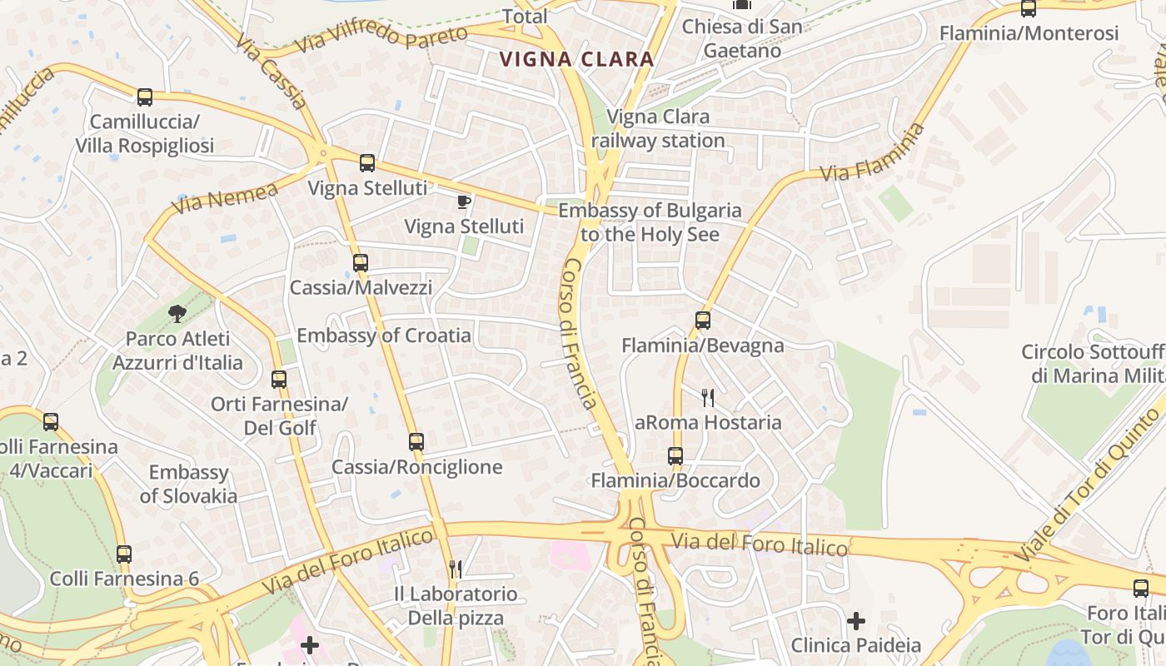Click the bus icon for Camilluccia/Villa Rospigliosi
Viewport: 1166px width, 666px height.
coord(145,97)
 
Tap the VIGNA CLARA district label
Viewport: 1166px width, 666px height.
coord(576,59)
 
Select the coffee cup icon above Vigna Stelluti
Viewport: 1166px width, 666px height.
coord(464,201)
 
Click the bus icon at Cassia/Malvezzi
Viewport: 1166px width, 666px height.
coord(361,263)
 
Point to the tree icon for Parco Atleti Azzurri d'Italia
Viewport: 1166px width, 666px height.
coord(177,314)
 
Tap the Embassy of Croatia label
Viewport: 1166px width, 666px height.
coord(384,335)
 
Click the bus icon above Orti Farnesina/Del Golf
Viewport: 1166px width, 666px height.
coord(279,380)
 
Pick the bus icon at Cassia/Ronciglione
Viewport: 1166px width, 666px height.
coord(416,442)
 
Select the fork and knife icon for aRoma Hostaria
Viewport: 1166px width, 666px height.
coord(708,397)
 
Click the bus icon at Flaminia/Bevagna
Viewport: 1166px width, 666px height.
coord(703,321)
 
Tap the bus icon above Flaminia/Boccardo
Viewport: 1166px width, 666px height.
coord(675,456)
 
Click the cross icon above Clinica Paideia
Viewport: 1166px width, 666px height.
coord(856,621)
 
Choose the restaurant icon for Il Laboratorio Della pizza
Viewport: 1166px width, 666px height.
coord(456,569)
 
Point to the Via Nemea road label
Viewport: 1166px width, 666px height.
coord(225,197)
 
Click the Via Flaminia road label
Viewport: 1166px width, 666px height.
coord(873,153)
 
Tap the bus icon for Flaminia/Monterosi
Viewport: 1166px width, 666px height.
coord(1029,9)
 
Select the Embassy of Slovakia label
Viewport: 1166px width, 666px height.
coord(188,485)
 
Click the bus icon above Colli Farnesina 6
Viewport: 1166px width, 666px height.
coord(124,554)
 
